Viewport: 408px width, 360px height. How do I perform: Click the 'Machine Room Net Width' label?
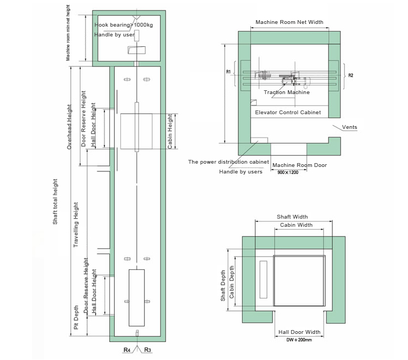pyautogui.click(x=289, y=22)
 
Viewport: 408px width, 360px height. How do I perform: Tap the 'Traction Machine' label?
pyautogui.click(x=287, y=92)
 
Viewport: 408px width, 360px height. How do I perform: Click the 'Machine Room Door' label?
pyautogui.click(x=300, y=165)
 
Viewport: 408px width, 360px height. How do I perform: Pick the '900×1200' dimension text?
pyautogui.click(x=288, y=172)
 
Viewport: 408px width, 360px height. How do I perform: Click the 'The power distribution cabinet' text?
pyautogui.click(x=228, y=162)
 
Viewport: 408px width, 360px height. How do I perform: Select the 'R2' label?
pyautogui.click(x=351, y=75)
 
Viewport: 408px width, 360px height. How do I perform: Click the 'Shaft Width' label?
pyautogui.click(x=292, y=216)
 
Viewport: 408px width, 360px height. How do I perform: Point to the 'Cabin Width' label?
pyautogui.click(x=296, y=225)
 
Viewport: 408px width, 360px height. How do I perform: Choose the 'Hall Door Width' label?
pyautogui.click(x=299, y=332)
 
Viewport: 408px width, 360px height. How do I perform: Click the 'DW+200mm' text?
pyautogui.click(x=299, y=340)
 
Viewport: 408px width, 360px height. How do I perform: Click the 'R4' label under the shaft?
pyautogui.click(x=126, y=351)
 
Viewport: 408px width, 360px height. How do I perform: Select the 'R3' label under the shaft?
pyautogui.click(x=147, y=351)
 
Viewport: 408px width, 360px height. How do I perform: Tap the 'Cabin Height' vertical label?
pyautogui.click(x=170, y=132)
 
